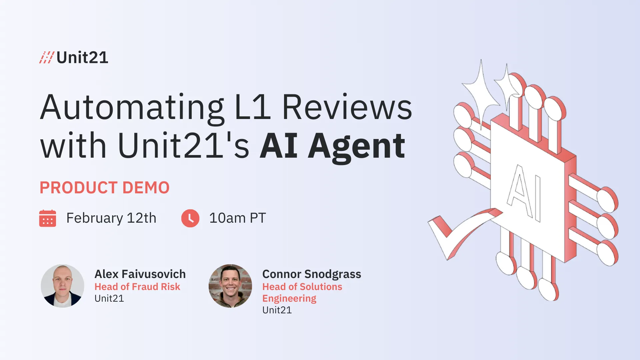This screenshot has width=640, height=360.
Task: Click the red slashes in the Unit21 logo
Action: tap(46, 57)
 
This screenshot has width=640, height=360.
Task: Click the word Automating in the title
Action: tap(132, 107)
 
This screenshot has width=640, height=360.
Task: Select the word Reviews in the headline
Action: tap(347, 107)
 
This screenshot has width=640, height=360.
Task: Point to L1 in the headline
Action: tap(253, 107)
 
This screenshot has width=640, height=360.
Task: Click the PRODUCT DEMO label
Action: tap(105, 188)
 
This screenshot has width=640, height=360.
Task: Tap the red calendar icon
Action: tap(48, 218)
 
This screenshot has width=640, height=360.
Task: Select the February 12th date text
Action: tap(111, 218)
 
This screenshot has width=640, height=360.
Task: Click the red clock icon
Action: tap(190, 218)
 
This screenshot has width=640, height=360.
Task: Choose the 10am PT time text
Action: tap(237, 218)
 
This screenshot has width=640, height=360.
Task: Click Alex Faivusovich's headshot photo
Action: tap(63, 286)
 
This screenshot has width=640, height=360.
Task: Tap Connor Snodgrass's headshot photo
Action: tap(230, 286)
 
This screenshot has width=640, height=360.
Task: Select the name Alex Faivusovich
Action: tap(140, 274)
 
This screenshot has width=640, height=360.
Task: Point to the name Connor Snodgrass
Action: tap(312, 274)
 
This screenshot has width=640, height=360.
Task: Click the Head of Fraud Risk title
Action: tap(137, 287)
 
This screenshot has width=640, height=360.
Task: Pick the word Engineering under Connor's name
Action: tap(289, 298)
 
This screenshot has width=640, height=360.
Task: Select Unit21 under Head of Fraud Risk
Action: tap(109, 298)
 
